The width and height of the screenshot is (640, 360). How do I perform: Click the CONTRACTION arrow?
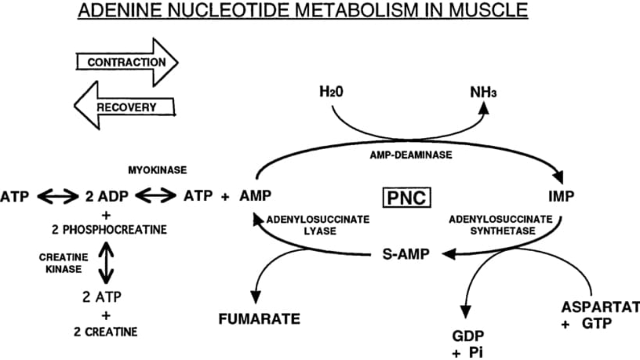point(127,63)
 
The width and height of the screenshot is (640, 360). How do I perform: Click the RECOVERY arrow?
point(126,106)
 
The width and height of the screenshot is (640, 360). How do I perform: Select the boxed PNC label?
point(407,197)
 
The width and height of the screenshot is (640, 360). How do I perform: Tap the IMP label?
point(561,197)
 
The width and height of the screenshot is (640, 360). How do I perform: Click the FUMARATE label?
point(259,319)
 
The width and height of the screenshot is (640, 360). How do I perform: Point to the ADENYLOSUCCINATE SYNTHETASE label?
point(500,225)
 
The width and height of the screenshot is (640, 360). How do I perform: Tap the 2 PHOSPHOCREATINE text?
point(106,230)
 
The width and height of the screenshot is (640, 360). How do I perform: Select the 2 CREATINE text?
point(106,331)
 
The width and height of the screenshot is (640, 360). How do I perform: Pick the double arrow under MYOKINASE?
point(156,197)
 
